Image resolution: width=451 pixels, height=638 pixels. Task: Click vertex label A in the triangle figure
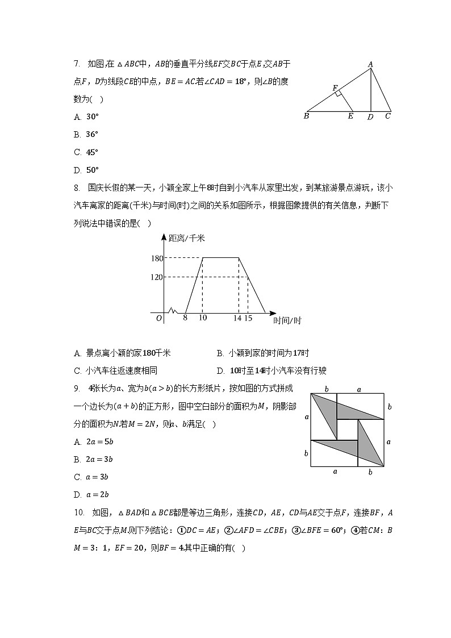click(x=370, y=65)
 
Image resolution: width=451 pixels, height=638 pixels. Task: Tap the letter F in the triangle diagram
click(x=336, y=88)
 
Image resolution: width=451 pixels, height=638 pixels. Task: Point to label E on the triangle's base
click(x=350, y=116)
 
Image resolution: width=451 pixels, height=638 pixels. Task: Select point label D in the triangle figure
click(x=370, y=117)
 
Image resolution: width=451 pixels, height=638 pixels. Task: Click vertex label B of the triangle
click(x=306, y=116)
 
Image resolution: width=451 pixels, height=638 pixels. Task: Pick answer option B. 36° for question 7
click(x=86, y=135)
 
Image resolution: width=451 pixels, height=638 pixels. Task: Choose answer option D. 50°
click(x=86, y=170)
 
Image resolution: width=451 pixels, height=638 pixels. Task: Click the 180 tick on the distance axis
click(x=157, y=258)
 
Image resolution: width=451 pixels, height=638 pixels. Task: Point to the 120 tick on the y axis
click(x=157, y=277)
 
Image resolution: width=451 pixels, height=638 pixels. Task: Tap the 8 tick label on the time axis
click(x=185, y=318)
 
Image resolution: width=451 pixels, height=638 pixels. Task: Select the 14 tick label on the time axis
click(x=237, y=318)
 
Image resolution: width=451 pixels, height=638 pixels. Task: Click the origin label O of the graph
click(x=159, y=318)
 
